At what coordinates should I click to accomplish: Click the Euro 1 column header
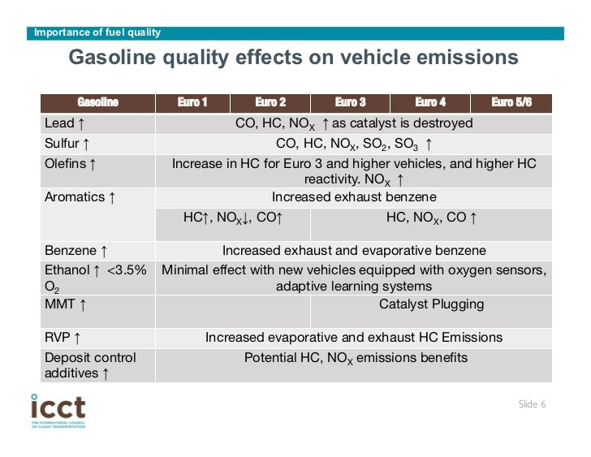(192, 102)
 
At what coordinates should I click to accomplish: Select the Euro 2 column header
(270, 102)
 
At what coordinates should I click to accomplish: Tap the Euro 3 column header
(350, 102)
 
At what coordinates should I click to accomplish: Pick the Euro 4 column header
(430, 102)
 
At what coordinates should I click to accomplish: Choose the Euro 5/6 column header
(511, 102)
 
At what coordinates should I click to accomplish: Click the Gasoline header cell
(97, 102)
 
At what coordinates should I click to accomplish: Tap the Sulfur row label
(63, 144)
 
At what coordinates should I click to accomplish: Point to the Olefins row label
(69, 164)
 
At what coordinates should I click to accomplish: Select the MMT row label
(61, 304)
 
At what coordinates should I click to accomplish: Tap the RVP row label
(59, 338)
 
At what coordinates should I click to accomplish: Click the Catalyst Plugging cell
(431, 304)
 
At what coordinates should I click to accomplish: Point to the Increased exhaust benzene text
(354, 197)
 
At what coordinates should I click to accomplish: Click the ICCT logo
(58, 411)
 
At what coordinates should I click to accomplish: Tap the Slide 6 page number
(532, 404)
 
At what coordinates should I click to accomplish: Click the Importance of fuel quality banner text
(97, 32)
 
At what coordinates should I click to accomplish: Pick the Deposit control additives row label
(90, 365)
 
